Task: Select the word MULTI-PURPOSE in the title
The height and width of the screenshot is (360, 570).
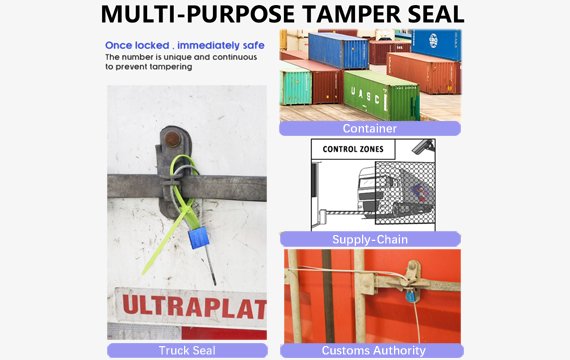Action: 195,15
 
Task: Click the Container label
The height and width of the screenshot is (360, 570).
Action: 369,128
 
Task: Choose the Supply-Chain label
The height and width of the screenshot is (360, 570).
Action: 369,239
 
